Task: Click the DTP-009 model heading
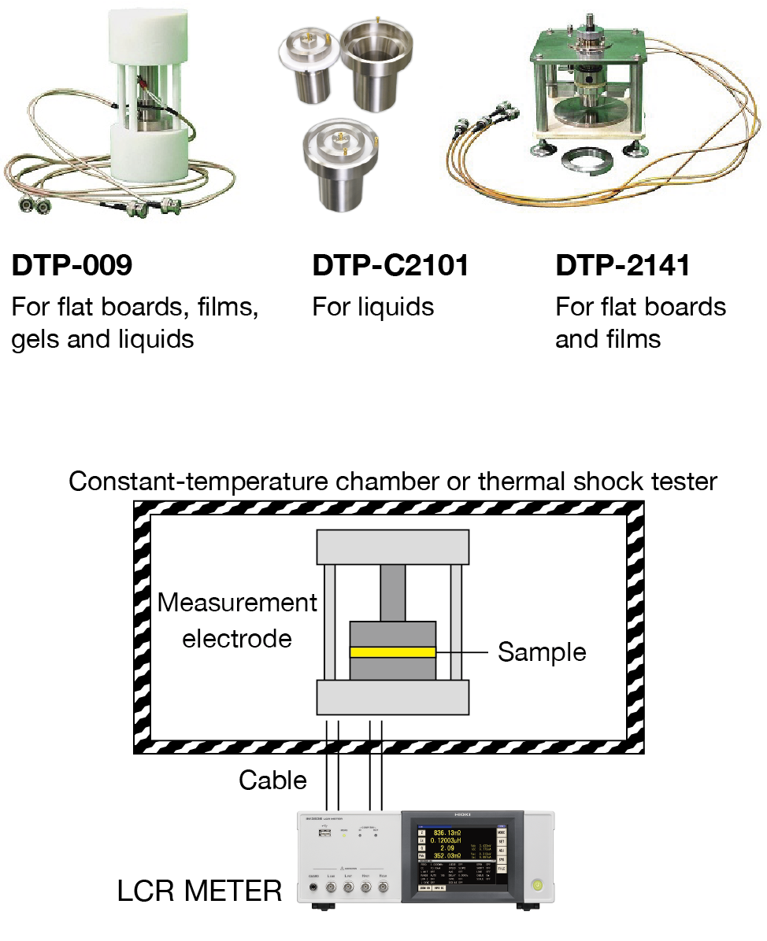72,266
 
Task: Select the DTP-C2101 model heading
391,266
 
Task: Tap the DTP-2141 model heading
623,266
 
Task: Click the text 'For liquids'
373,306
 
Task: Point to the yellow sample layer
393,651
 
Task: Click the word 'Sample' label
542,652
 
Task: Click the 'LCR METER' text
199,891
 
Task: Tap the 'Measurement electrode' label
237,620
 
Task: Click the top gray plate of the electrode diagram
393,548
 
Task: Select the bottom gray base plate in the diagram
393,698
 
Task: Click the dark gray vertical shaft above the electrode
393,592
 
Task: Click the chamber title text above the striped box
393,481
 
